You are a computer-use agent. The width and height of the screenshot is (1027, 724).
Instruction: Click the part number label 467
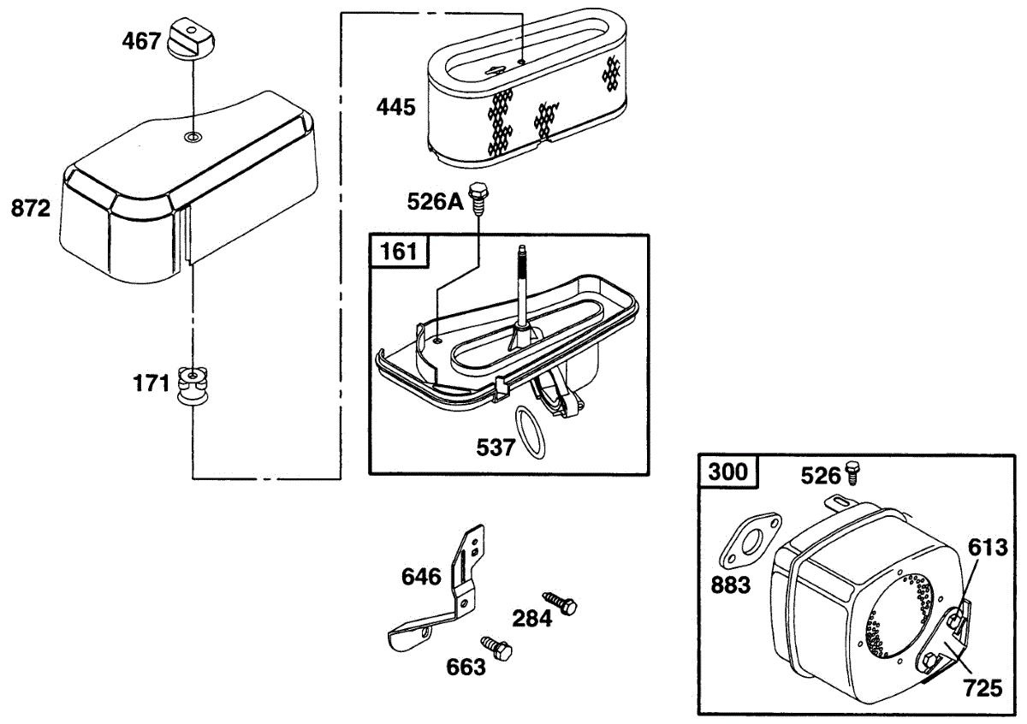143,40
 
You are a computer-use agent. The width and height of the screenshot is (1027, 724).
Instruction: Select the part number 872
31,208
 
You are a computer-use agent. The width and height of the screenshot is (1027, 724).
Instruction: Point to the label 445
396,108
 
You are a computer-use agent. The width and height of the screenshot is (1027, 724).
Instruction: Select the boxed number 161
399,252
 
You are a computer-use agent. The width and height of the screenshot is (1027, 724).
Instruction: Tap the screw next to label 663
496,648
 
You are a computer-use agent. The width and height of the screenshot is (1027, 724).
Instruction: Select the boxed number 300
728,472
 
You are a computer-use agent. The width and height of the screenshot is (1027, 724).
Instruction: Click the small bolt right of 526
852,470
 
